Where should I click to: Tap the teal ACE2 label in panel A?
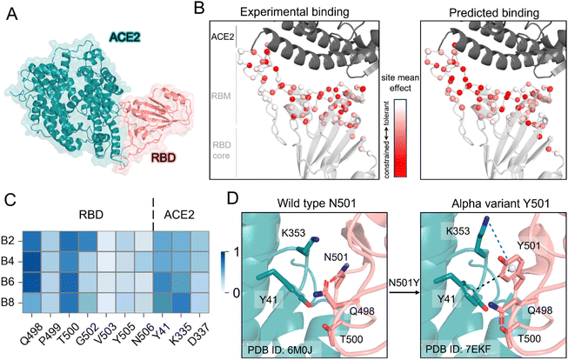tap(125, 37)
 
